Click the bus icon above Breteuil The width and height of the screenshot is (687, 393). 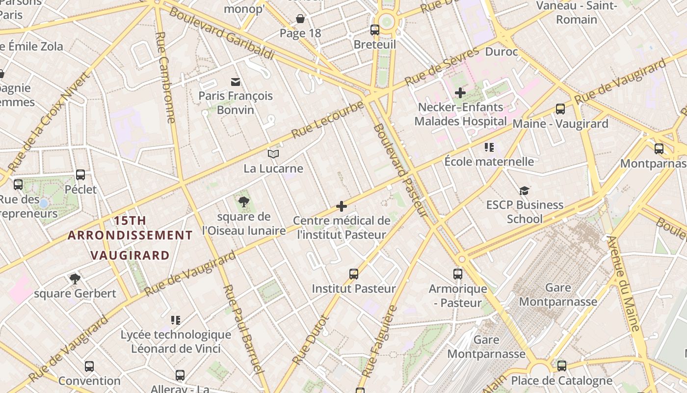(x=375, y=30)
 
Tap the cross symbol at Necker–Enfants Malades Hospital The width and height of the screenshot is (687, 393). (x=460, y=92)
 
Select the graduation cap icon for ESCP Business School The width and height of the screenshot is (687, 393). (x=525, y=190)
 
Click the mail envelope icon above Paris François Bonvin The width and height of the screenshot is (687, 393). (x=236, y=82)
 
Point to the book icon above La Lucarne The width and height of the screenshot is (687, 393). (x=273, y=154)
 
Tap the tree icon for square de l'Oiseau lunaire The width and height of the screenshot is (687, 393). (x=243, y=201)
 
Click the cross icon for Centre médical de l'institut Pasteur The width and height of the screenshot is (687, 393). (x=342, y=206)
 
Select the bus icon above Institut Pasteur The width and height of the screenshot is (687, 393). (x=354, y=274)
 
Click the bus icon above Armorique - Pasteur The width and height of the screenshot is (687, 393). (x=458, y=274)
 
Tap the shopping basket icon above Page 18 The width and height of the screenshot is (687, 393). (x=300, y=19)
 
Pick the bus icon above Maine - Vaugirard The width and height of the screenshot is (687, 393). (x=560, y=109)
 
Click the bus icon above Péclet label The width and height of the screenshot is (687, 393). (x=80, y=175)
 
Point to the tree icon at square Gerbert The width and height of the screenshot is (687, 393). (x=75, y=279)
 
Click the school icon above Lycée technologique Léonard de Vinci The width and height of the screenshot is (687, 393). (x=176, y=320)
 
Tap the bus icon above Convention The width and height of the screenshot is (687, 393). (x=89, y=366)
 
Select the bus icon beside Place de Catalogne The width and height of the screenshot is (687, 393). (x=562, y=366)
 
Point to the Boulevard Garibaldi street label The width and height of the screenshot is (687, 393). (x=221, y=33)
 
